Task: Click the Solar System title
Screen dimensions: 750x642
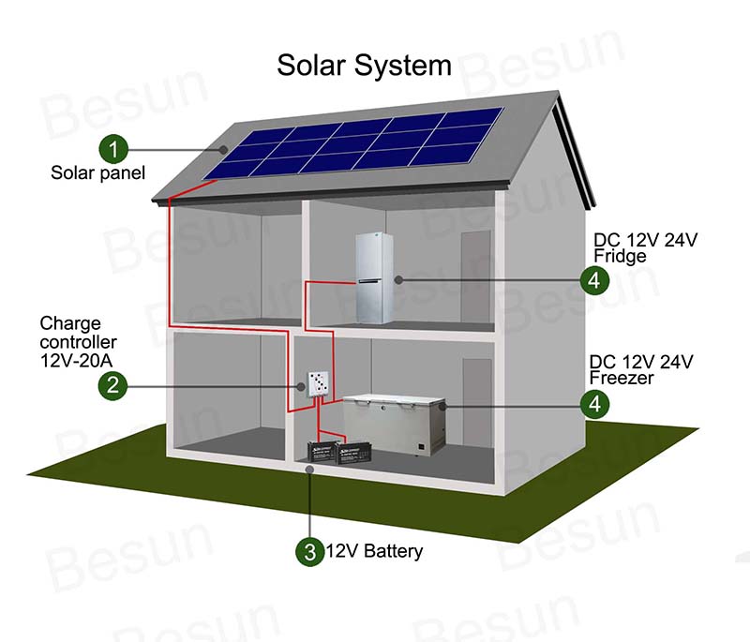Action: pos(364,66)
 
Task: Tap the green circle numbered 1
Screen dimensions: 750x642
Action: pos(113,149)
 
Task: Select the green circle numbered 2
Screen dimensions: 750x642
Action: pos(112,385)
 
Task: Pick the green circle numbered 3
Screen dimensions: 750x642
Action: pos(310,552)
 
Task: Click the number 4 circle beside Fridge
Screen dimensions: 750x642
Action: pos(594,280)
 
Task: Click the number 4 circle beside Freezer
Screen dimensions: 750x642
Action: pos(594,404)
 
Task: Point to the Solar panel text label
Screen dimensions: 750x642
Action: pos(97,173)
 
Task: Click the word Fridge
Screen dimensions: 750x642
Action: pos(620,256)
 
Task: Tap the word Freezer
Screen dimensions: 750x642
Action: pos(622,378)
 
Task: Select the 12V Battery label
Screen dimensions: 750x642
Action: pos(374,551)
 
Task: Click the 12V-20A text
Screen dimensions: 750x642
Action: pos(77,361)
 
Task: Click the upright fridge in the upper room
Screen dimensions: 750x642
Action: pos(374,278)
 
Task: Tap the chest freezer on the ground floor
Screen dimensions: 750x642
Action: pos(395,424)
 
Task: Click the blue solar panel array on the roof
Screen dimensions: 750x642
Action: pos(354,143)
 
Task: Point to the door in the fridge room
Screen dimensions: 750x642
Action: pos(476,277)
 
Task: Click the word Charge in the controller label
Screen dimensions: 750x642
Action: pos(70,324)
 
